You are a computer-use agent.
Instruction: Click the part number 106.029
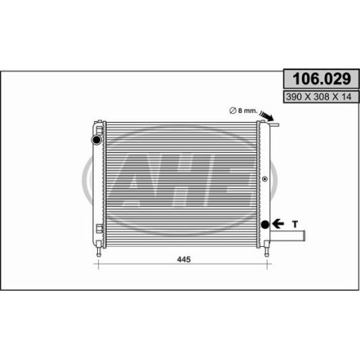[x=322, y=79]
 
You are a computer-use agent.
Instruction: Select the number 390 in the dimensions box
[x=294, y=97]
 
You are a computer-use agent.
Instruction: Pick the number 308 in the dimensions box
[x=321, y=97]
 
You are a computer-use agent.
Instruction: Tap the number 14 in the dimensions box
[x=346, y=97]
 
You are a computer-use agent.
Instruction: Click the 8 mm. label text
[x=248, y=111]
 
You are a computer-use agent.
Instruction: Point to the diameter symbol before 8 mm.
[x=233, y=111]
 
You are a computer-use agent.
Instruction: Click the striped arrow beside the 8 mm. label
[x=267, y=115]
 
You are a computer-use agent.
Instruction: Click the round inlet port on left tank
[x=96, y=139]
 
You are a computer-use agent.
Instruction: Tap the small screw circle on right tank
[x=264, y=179]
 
